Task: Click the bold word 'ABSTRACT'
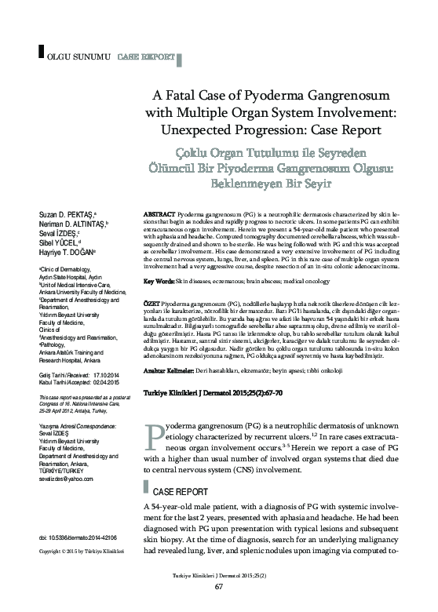tap(159, 214)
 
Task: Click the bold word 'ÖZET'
tap(152, 302)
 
